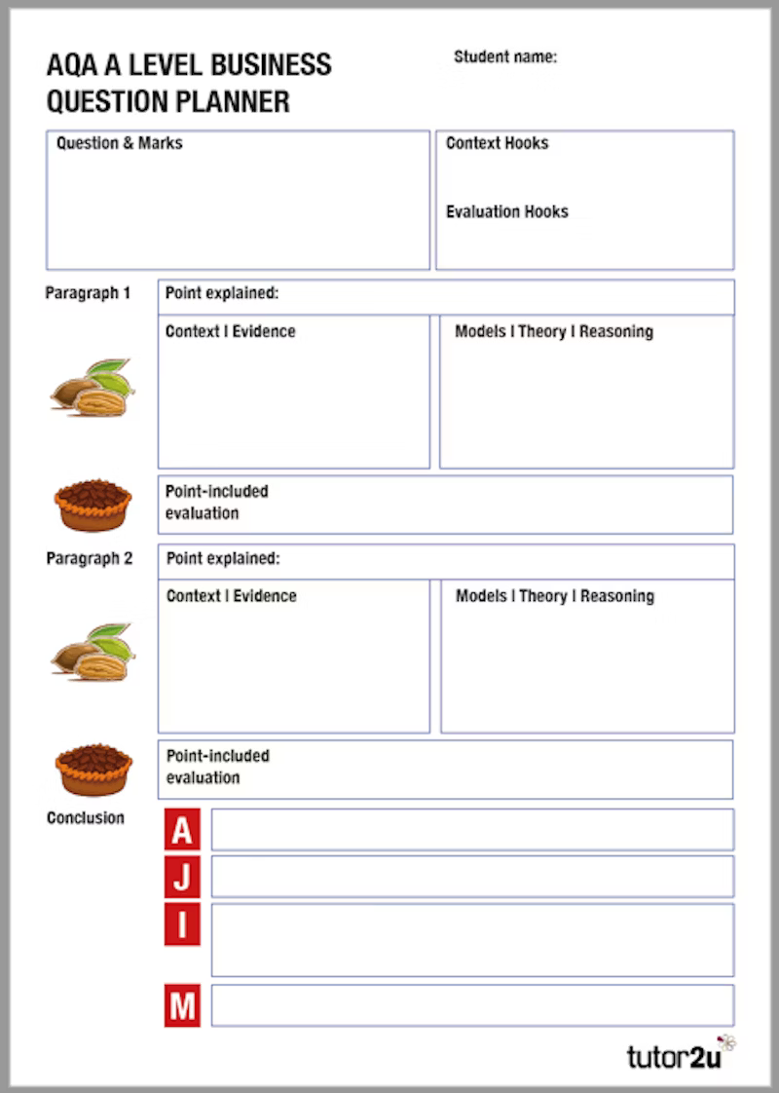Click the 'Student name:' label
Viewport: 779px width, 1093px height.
click(x=504, y=57)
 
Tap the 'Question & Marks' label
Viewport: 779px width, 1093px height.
click(x=119, y=143)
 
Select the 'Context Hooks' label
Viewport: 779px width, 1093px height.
click(x=497, y=143)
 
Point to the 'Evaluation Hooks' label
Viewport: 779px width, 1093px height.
click(x=506, y=211)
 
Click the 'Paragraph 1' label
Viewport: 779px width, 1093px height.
click(x=88, y=293)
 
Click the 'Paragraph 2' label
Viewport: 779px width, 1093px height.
click(x=89, y=559)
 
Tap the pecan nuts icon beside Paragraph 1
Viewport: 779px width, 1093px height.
click(x=93, y=388)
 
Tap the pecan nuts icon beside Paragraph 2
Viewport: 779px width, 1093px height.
click(x=93, y=652)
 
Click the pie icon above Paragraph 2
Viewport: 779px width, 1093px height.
click(x=93, y=505)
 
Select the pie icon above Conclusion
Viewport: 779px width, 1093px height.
click(x=93, y=770)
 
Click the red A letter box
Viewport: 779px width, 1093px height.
click(x=182, y=829)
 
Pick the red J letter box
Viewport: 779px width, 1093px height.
click(x=182, y=876)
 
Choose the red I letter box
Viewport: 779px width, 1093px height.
click(x=182, y=924)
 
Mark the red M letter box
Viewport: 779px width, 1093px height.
click(x=182, y=1005)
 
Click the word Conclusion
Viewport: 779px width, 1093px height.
click(x=86, y=818)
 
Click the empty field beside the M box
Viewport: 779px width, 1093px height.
click(x=472, y=1005)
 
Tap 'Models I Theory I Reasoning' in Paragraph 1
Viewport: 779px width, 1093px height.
click(x=553, y=332)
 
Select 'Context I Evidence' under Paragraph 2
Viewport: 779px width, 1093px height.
click(x=231, y=596)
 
